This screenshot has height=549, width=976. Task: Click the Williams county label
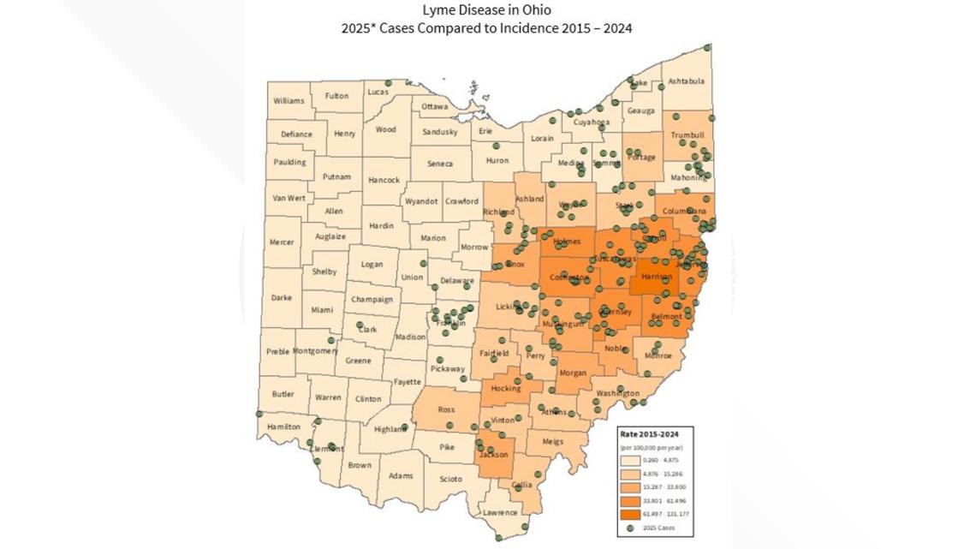(289, 100)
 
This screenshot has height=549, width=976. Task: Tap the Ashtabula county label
(686, 81)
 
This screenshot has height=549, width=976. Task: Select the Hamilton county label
(283, 426)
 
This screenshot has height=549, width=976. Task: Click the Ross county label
(446, 409)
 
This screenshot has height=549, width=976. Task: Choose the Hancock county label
(384, 180)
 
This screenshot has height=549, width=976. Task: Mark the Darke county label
(281, 297)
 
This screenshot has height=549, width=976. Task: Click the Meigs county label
(553, 441)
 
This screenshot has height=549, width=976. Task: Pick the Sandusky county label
(440, 132)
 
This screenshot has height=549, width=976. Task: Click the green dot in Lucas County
(388, 84)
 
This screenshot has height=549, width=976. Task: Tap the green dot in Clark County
(360, 325)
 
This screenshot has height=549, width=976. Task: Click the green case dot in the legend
(629, 528)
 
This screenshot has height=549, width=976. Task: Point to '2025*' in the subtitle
(358, 27)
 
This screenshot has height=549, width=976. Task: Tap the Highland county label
(390, 428)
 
